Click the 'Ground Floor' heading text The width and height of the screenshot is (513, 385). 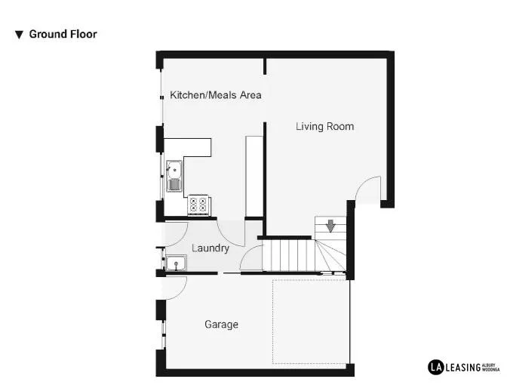(63, 34)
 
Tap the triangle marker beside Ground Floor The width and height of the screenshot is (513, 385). (19, 35)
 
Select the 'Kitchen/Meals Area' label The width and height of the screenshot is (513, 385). (215, 95)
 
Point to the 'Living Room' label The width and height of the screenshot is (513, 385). (324, 126)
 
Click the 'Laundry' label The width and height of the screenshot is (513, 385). (210, 248)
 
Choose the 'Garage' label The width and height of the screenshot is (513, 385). (221, 325)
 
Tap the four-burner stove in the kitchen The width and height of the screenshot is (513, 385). (199, 203)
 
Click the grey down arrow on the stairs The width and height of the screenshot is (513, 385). (330, 225)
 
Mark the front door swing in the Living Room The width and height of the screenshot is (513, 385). (367, 188)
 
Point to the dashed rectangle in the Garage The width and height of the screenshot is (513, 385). (310, 322)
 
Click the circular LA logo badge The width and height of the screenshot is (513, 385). (435, 367)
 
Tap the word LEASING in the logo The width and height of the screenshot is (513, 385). (461, 367)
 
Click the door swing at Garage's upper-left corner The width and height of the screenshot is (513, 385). (177, 286)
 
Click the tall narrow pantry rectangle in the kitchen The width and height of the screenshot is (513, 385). (253, 175)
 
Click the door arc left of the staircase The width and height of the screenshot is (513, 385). (250, 261)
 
